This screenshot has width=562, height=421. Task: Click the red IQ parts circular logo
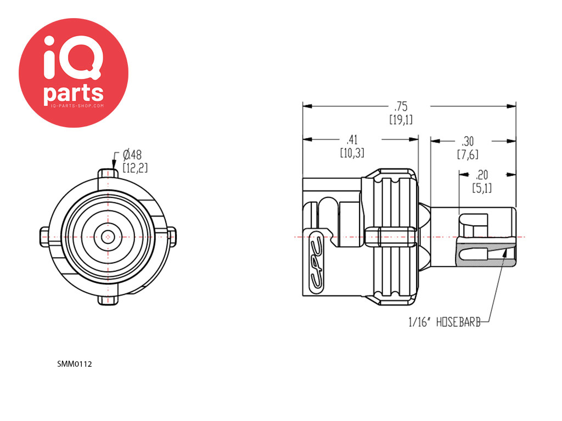pyautogui.click(x=74, y=72)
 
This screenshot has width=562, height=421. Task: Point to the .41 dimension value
pyautogui.click(x=352, y=140)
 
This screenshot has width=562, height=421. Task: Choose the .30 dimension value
pyautogui.click(x=468, y=140)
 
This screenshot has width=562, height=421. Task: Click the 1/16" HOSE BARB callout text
pyautogui.click(x=445, y=323)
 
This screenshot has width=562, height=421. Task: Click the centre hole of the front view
pyautogui.click(x=109, y=237)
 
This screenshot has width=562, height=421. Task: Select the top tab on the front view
pyautogui.click(x=109, y=174)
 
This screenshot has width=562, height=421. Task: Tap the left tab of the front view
pyautogui.click(x=46, y=237)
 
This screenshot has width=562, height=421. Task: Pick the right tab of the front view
pyautogui.click(x=172, y=237)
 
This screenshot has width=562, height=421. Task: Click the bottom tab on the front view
pyautogui.click(x=109, y=300)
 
